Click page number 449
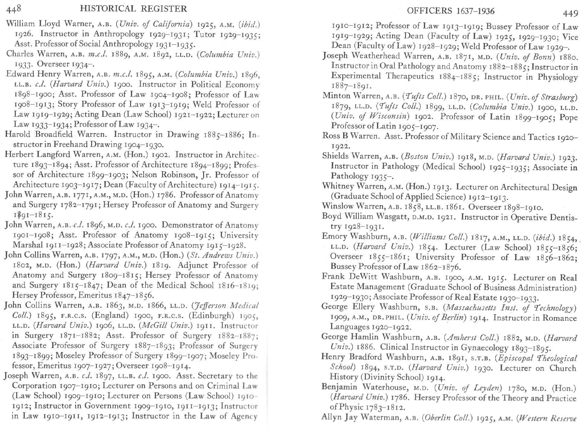click(570, 13)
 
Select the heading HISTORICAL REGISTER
click(133, 9)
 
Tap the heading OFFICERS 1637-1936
click(451, 11)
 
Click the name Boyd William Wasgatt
click(359, 216)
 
